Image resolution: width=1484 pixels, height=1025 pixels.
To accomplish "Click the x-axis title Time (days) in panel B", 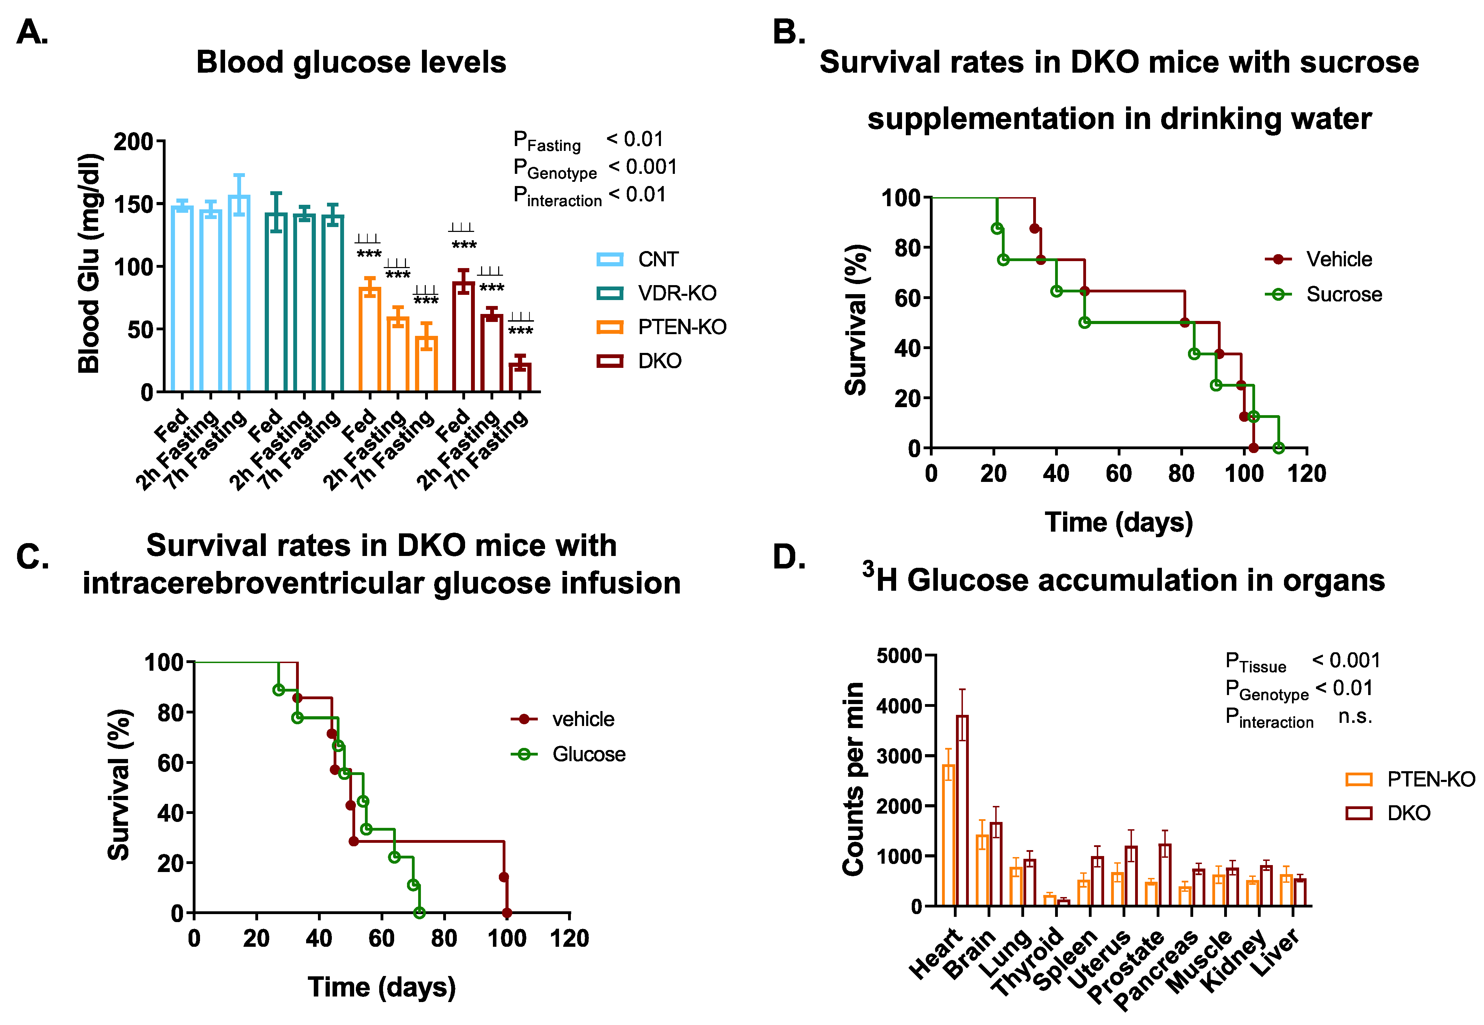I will (1118, 522).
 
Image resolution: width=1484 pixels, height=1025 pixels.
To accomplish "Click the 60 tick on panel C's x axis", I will (382, 938).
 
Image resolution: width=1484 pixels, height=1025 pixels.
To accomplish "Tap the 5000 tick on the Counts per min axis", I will (899, 656).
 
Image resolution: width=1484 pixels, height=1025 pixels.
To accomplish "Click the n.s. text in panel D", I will (1355, 716).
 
